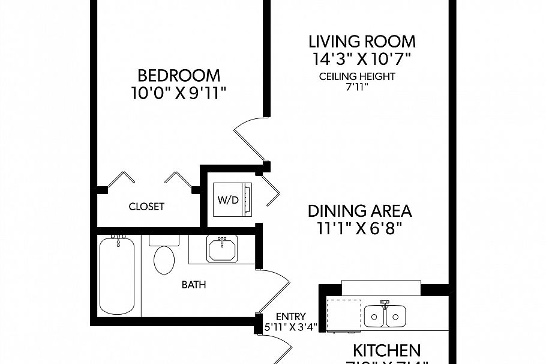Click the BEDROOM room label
point(179,76)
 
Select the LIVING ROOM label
point(362,41)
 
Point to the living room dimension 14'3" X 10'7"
point(362,59)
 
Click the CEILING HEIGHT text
point(357,76)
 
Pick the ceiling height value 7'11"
point(357,86)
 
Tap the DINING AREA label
point(359,211)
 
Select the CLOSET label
point(146,207)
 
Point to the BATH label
point(194,285)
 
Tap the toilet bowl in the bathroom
point(164,259)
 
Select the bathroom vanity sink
point(222,249)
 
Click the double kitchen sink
point(385,315)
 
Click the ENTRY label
point(291,317)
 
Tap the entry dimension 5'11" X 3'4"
point(291,327)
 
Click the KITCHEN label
point(385,350)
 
